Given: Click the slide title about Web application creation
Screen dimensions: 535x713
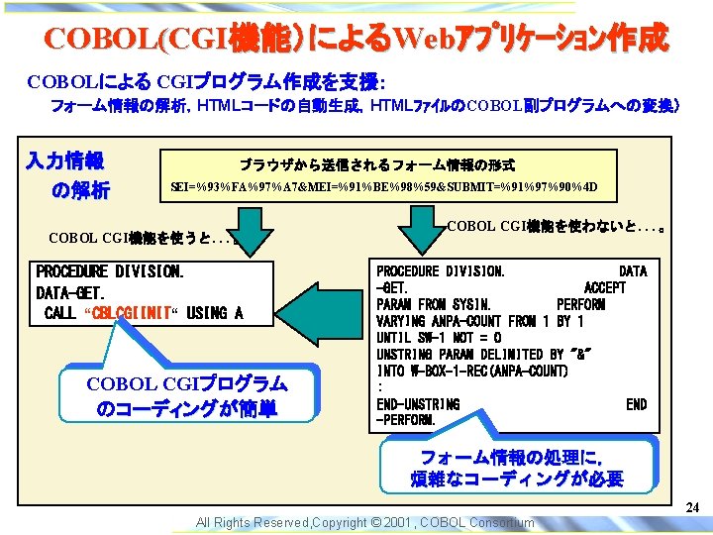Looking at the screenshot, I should [x=356, y=39].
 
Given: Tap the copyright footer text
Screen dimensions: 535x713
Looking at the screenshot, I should [x=364, y=522].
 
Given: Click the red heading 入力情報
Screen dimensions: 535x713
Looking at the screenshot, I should [x=65, y=160].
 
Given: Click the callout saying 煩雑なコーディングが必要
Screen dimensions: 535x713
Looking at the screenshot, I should [x=517, y=469].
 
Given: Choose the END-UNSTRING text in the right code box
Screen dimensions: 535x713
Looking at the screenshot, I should [x=418, y=404].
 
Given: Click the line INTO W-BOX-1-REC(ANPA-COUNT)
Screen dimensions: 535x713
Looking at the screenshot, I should [x=471, y=372].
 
